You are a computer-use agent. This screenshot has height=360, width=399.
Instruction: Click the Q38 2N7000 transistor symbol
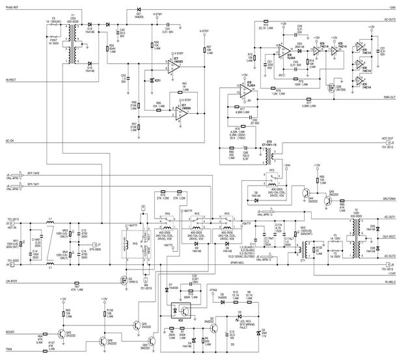point(331,87)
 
